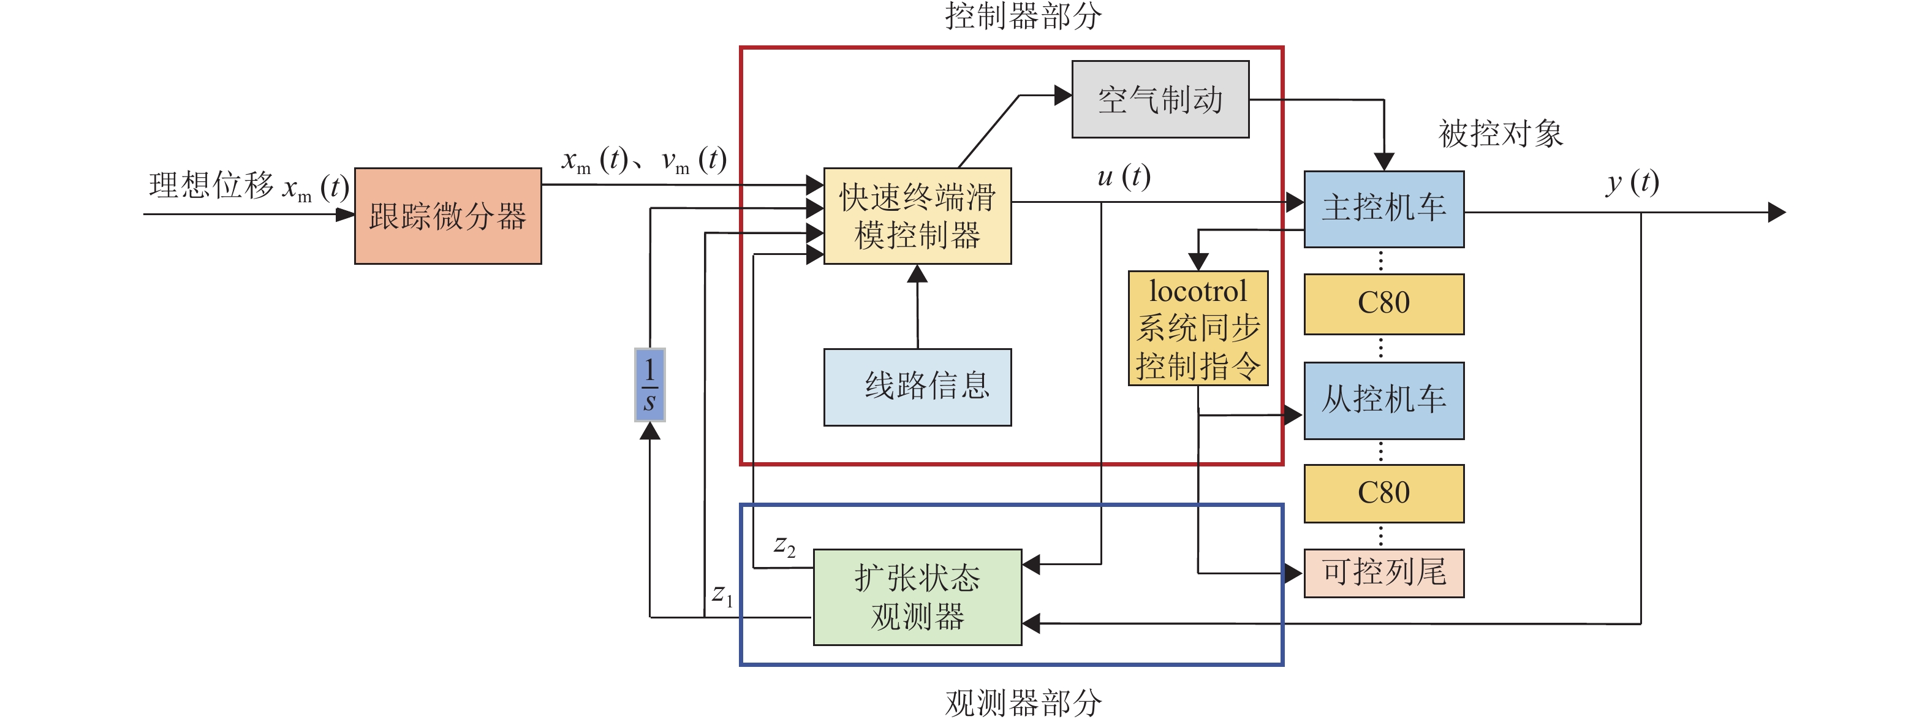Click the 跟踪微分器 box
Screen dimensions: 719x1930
click(x=448, y=216)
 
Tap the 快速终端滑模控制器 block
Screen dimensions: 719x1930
click(x=917, y=216)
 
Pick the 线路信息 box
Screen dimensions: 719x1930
click(x=917, y=387)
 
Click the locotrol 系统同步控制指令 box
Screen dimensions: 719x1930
click(x=1198, y=329)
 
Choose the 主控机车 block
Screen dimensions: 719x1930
click(x=1384, y=209)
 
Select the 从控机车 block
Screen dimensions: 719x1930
click(x=1384, y=400)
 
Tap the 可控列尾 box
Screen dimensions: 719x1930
click(x=1384, y=573)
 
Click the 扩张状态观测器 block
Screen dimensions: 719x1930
click(x=917, y=598)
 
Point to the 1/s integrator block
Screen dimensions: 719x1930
click(x=649, y=384)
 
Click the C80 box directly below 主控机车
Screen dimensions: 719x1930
click(x=1384, y=303)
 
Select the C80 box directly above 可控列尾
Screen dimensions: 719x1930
click(x=1384, y=493)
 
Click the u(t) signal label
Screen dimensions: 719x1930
click(x=1123, y=177)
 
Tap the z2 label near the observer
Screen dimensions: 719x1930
click(x=784, y=545)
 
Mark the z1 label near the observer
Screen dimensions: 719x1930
click(x=722, y=595)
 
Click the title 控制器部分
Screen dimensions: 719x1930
click(x=1023, y=17)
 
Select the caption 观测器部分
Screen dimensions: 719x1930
click(x=1023, y=702)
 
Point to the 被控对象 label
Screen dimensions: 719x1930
click(x=1500, y=134)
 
